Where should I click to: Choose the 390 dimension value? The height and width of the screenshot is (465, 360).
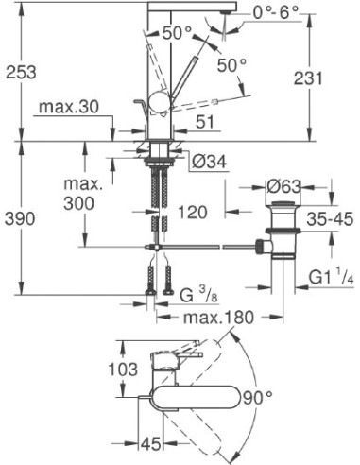[21, 218]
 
